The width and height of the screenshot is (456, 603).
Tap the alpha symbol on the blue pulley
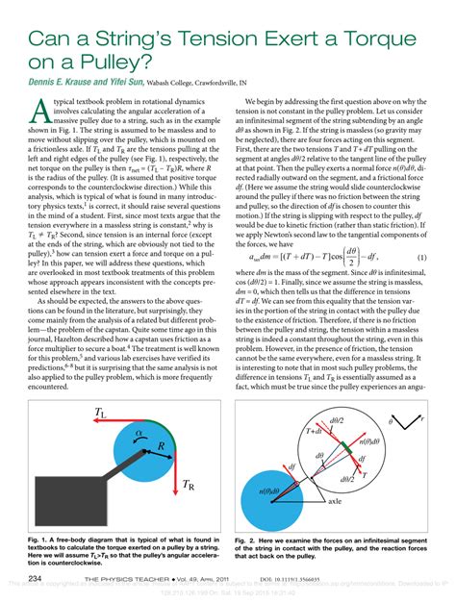(x=139, y=436)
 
